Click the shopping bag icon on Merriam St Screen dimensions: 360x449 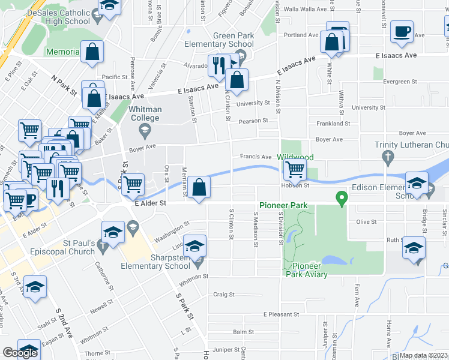199,188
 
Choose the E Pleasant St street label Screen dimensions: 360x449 281,314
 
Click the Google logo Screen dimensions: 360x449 20,353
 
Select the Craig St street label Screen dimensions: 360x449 224,295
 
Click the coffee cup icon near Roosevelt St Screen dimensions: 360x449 402,31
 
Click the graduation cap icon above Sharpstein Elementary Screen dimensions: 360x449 194,246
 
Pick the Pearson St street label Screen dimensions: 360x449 253,121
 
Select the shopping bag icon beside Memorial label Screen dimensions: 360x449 92,52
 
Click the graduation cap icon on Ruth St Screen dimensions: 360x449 414,248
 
